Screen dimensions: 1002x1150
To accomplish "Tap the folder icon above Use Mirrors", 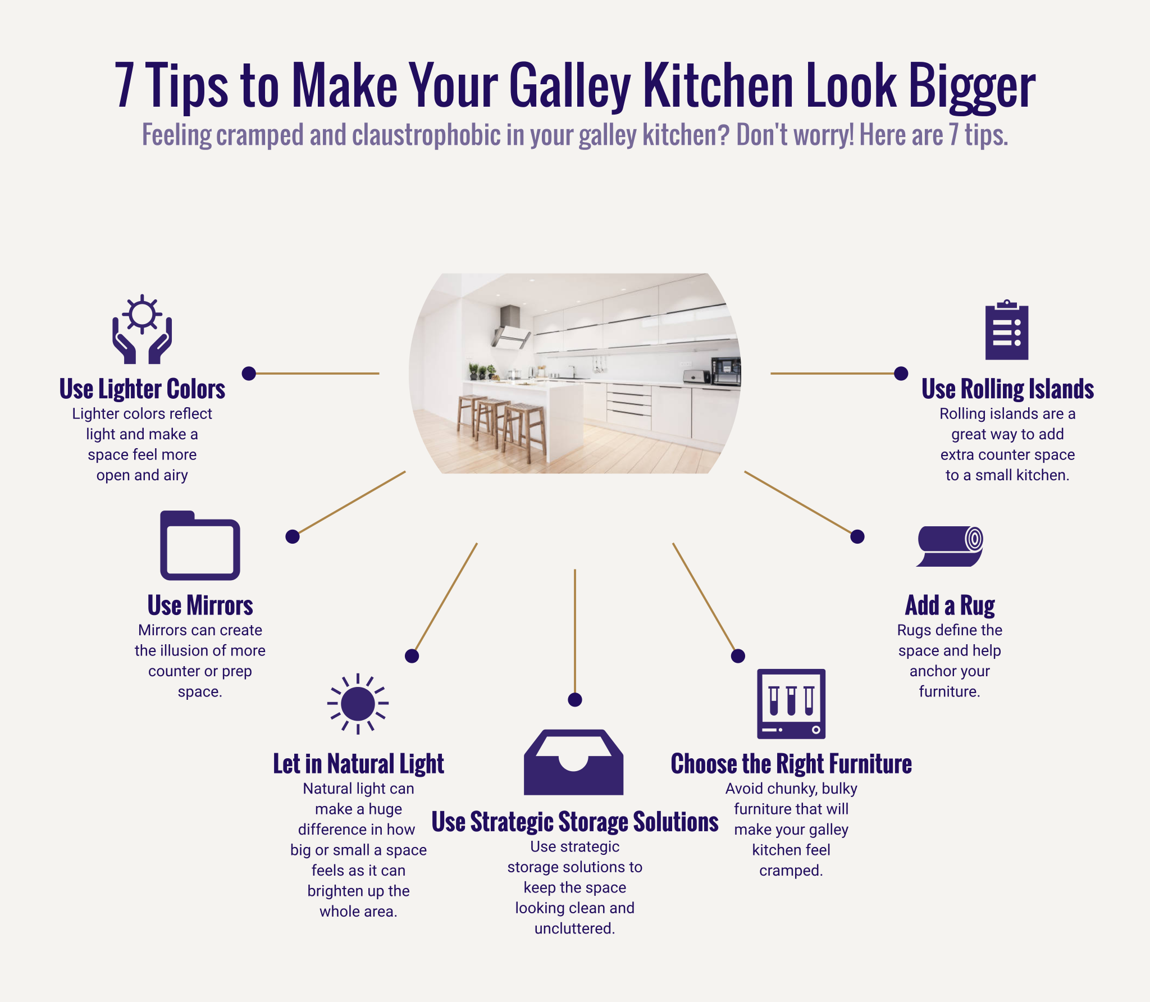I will tap(200, 546).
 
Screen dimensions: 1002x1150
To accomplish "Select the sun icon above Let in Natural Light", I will tap(358, 703).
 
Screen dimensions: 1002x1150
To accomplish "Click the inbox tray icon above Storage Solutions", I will tap(573, 763).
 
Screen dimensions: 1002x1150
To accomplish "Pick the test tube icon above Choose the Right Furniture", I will tap(791, 704).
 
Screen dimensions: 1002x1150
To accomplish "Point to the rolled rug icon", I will tap(950, 546).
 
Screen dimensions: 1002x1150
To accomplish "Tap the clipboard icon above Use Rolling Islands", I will tap(1007, 330).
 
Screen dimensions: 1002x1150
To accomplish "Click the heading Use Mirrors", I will tap(200, 605).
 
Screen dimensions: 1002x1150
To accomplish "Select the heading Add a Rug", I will tap(950, 605).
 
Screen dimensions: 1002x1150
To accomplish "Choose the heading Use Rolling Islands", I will tap(1007, 389).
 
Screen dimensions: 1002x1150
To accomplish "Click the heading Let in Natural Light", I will tap(358, 764).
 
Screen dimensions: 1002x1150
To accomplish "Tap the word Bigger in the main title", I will tap(971, 86).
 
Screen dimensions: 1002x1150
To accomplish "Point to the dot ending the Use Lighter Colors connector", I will tap(249, 374).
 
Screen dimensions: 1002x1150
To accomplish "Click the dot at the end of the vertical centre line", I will tap(575, 700).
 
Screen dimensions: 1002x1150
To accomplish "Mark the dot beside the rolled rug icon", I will tap(857, 537).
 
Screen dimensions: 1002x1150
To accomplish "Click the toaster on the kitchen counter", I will tap(697, 376).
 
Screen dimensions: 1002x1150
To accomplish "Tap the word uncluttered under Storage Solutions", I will tap(574, 928).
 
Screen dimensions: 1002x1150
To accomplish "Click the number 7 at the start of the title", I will tap(124, 86).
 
